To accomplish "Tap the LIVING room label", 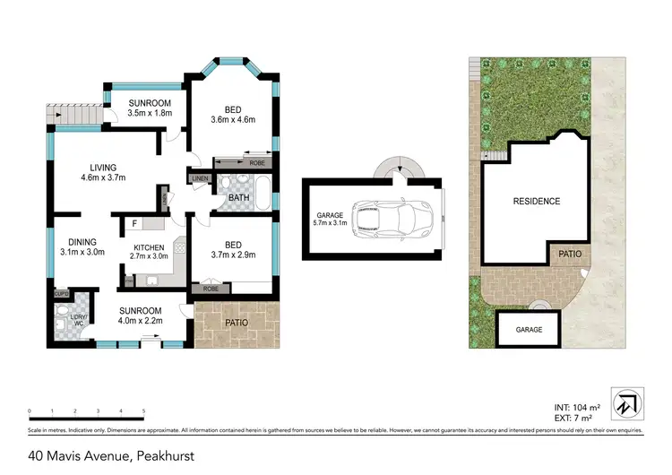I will tap(102, 168).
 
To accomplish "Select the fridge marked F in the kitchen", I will tap(134, 223).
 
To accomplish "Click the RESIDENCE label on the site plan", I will tap(536, 202).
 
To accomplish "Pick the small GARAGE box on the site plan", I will tap(529, 329).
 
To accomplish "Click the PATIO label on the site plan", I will tap(571, 255).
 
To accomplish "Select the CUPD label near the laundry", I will tap(61, 293).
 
